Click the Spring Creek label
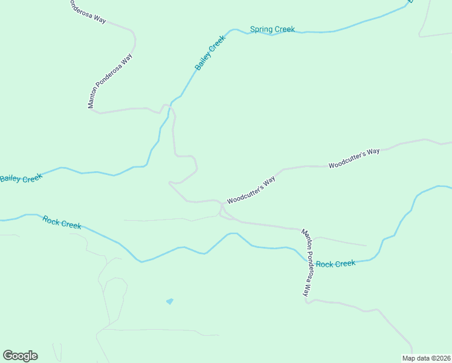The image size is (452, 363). point(272,29)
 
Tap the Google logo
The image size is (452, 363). point(20,356)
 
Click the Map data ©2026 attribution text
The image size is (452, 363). point(426,358)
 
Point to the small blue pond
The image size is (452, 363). point(170,301)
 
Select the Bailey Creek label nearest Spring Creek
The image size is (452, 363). point(210,53)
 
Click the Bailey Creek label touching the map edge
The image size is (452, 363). point(21,178)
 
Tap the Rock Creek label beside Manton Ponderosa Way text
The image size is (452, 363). point(335,264)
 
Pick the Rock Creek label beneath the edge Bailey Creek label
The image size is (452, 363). point(62,222)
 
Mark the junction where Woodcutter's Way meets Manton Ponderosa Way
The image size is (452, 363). point(222,206)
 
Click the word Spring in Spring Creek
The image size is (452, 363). point(261,29)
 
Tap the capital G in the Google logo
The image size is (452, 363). point(8,355)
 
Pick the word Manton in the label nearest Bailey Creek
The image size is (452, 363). point(92,100)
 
